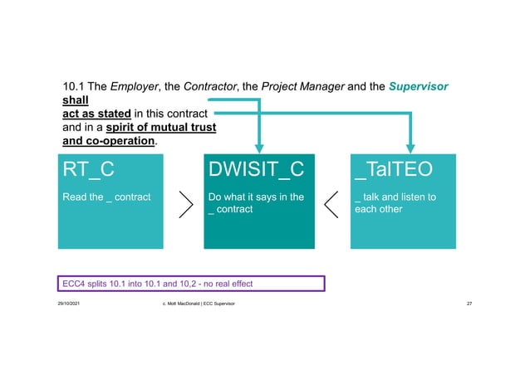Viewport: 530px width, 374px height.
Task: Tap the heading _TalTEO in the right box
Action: point(391,170)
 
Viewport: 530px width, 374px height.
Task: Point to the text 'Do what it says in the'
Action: point(256,197)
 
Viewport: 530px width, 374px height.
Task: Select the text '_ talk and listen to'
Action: point(395,197)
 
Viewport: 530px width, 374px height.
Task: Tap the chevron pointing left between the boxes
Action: point(331,203)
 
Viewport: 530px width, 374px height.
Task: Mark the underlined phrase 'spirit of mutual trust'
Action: point(161,127)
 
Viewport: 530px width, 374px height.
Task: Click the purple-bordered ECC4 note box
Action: point(190,284)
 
